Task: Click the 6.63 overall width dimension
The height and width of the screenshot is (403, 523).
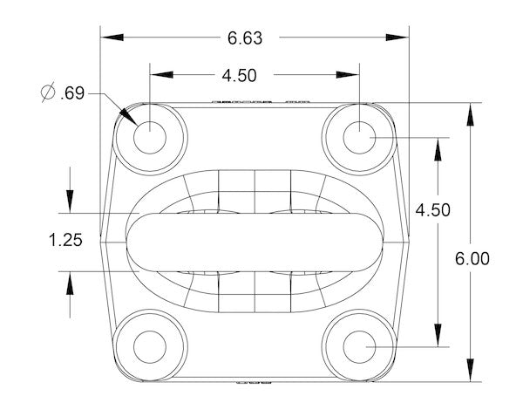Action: tap(245, 38)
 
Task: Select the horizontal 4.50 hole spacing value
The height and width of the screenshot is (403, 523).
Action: tap(238, 76)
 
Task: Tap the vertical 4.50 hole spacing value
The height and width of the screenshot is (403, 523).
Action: tap(432, 209)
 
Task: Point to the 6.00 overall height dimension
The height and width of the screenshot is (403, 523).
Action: tap(472, 258)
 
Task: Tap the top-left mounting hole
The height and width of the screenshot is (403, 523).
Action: tap(150, 137)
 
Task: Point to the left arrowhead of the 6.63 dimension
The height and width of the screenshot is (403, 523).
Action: tap(108, 38)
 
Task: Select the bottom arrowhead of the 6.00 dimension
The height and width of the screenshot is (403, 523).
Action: tap(472, 374)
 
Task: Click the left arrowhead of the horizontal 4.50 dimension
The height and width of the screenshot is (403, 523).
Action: tap(157, 76)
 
